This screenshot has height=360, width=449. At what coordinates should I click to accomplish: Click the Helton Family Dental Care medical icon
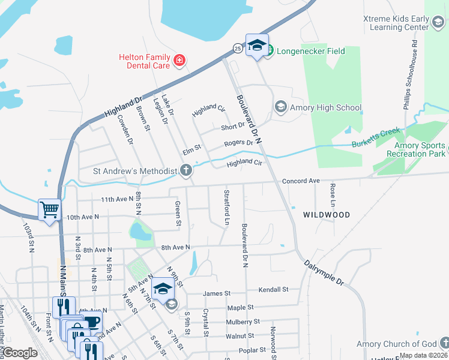pos(179,60)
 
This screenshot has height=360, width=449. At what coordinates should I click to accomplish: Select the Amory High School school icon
pos(280,107)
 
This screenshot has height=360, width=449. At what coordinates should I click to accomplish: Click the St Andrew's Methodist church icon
pos(186,172)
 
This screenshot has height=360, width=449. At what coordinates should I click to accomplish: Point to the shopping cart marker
pos(49,210)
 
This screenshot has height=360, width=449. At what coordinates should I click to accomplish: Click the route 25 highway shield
pos(238,47)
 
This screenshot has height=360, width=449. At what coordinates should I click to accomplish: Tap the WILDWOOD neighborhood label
pos(326,214)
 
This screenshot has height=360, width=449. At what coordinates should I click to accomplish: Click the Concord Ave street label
pos(301,181)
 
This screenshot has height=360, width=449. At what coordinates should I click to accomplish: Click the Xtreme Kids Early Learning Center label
pos(396,23)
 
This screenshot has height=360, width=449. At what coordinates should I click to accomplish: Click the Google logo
pos(20,353)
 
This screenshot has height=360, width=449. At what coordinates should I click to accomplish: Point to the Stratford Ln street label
pos(227,207)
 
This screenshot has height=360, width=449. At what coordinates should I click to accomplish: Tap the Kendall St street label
pos(273,289)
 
